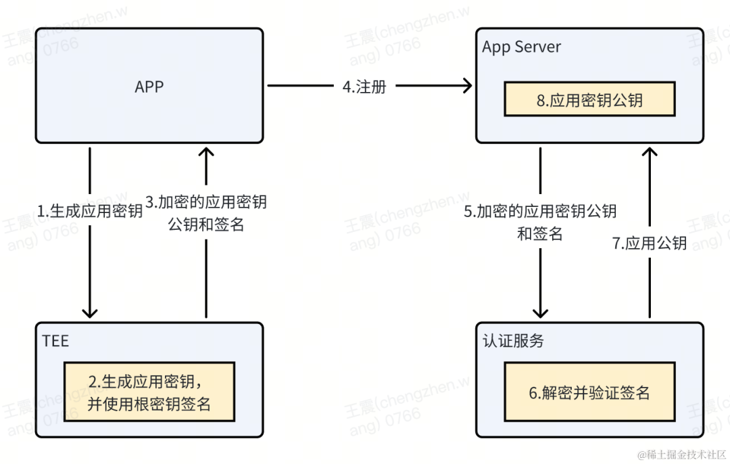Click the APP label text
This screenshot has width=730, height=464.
click(149, 87)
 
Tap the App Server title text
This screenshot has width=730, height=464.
click(521, 47)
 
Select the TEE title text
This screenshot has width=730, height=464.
click(55, 341)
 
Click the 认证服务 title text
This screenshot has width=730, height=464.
click(513, 341)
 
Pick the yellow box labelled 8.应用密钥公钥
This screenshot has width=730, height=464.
click(589, 99)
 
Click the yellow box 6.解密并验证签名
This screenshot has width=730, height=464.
click(589, 392)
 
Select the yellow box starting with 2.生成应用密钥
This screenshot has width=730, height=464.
click(149, 392)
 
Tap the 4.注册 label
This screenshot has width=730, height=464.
click(364, 87)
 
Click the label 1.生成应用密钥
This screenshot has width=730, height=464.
click(90, 211)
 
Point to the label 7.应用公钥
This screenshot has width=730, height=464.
click(650, 243)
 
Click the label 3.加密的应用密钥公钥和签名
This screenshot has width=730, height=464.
click(206, 213)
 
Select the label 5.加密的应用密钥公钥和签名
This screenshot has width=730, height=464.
click(540, 223)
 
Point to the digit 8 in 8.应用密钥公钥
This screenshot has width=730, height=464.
click(541, 100)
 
